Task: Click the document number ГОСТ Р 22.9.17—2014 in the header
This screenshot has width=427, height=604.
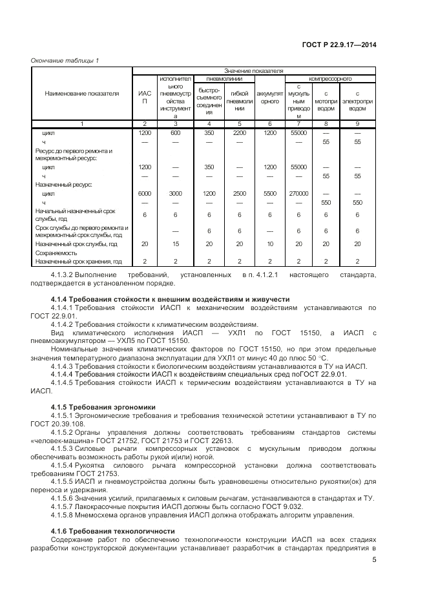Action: click(339, 45)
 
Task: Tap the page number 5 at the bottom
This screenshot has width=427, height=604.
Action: click(374, 560)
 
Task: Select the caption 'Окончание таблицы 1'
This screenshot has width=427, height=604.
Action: click(65, 61)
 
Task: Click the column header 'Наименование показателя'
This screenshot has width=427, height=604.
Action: click(82, 94)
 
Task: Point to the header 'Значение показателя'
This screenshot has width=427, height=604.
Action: click(254, 70)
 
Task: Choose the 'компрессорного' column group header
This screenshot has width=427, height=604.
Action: click(330, 79)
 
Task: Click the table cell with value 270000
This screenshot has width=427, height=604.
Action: click(298, 193)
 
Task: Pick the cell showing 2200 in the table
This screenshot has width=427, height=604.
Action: click(239, 132)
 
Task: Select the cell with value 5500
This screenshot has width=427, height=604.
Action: click(269, 193)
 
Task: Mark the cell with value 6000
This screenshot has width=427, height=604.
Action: click(145, 193)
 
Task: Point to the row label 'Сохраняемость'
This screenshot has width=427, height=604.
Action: click(57, 253)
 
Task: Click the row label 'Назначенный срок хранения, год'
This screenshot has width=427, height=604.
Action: click(78, 262)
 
